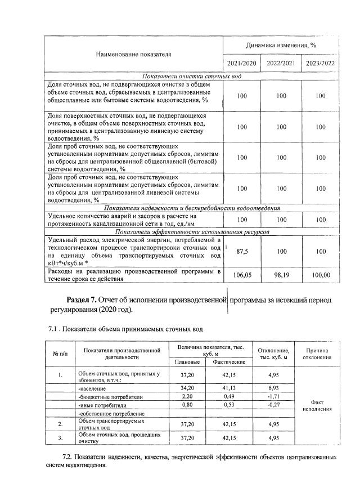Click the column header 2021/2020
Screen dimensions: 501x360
pyautogui.click(x=242, y=62)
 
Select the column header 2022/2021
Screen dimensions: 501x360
pyautogui.click(x=281, y=62)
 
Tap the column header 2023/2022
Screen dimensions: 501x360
pyautogui.click(x=320, y=62)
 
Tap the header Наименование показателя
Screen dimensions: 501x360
pyautogui.click(x=133, y=54)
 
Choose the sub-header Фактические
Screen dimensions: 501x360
pyautogui.click(x=229, y=361)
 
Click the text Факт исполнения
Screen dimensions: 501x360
pyautogui.click(x=318, y=405)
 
